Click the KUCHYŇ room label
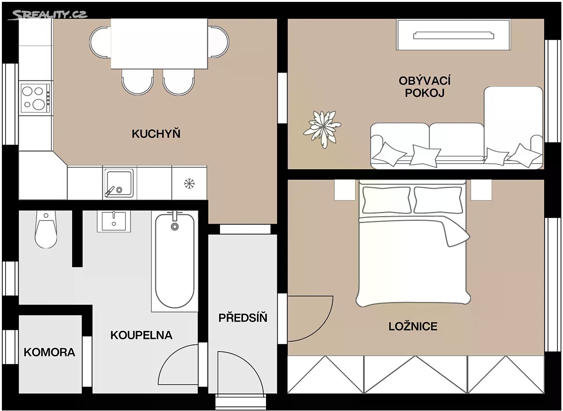pos(156,133)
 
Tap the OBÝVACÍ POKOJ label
pos(425,87)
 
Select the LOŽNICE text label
pos(413,326)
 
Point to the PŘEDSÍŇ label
pos(243,317)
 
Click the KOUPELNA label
pos(142,335)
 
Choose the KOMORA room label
pos(50,352)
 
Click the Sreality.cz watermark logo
pos(48,15)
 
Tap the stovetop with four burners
pos(36,98)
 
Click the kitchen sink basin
pos(119,182)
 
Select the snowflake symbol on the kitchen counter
pos(189,184)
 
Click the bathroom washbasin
pos(114,221)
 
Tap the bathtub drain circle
pos(175,227)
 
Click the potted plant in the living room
pos(322,129)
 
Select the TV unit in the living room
pos(453,35)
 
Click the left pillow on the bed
pos(386,200)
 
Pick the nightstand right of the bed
pos(481,190)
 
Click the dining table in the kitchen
pos(160,44)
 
